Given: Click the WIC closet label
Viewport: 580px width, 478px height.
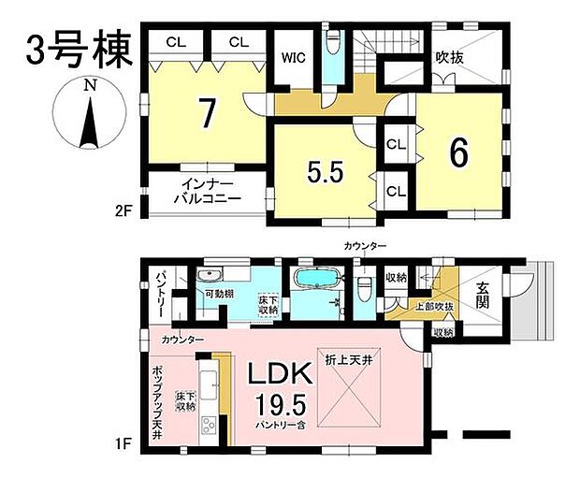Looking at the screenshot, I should pyautogui.click(x=294, y=56).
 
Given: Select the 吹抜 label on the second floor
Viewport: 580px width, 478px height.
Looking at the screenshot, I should pyautogui.click(x=450, y=56).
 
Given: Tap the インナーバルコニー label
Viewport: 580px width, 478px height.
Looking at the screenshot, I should pyautogui.click(x=208, y=192).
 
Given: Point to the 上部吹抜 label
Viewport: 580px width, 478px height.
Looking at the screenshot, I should pyautogui.click(x=435, y=306).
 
